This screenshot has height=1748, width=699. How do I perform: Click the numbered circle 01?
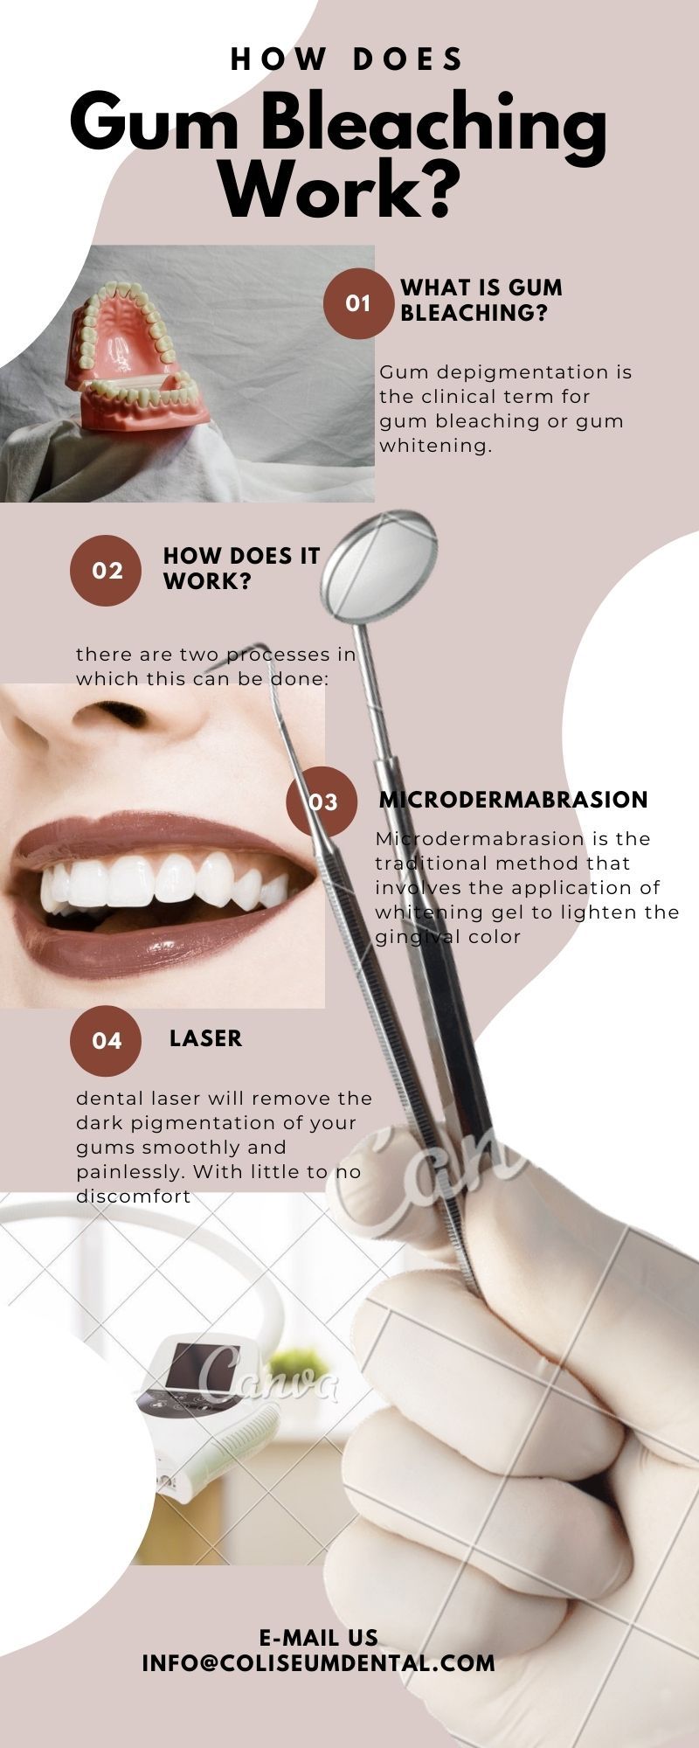358,303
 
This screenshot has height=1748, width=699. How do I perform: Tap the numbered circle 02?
105,571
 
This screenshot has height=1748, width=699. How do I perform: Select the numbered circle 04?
106,1040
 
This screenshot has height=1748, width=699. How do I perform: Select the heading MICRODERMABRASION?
513,800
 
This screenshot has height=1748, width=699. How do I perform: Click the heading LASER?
205,1038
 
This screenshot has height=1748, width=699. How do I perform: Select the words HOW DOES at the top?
347,59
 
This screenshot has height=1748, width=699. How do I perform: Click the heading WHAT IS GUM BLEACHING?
481,300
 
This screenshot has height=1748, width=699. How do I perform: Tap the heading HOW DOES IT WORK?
241,569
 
